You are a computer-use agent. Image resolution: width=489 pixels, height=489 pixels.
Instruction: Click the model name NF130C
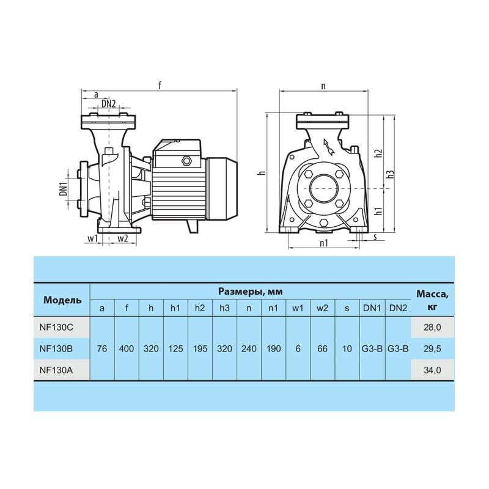[56, 328]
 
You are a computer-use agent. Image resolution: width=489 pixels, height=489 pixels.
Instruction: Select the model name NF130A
[56, 370]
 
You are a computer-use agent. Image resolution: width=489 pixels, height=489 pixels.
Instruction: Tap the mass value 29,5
[432, 348]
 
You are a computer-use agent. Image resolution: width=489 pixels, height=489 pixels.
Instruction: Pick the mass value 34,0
[432, 370]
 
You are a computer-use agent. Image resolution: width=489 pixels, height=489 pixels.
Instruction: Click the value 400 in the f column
[127, 348]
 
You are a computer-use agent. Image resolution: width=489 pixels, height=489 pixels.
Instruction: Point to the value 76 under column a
[102, 348]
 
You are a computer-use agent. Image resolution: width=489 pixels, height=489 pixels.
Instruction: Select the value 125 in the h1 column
[175, 348]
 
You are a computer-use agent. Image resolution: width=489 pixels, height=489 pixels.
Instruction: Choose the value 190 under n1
[273, 348]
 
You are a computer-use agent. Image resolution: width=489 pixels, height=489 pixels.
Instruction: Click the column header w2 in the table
[323, 308]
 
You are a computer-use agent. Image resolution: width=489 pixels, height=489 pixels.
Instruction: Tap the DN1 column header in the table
[372, 308]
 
